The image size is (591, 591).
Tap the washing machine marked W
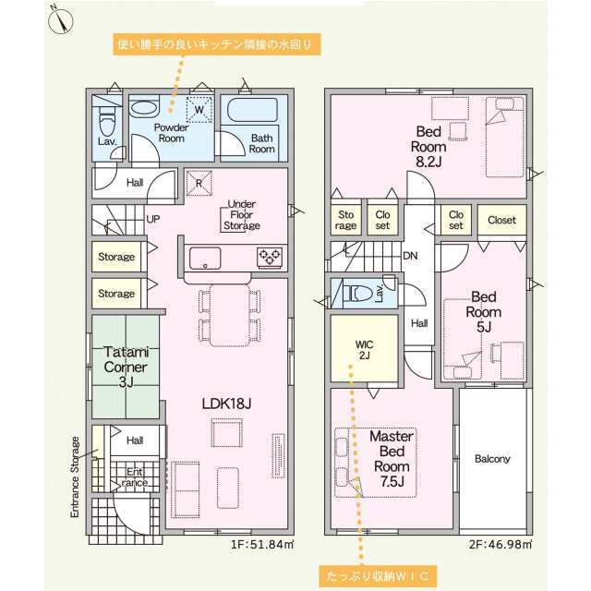click(199, 110)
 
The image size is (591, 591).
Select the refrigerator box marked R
click(199, 184)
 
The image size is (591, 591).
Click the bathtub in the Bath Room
click(252, 110)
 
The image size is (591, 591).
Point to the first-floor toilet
click(107, 120)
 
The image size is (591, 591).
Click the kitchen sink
click(205, 259)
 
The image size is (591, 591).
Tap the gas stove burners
click(270, 258)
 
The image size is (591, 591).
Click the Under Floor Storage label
click(242, 215)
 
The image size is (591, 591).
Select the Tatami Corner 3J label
click(126, 367)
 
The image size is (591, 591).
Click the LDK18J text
click(226, 404)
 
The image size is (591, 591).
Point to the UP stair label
click(152, 219)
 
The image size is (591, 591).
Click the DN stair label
click(410, 256)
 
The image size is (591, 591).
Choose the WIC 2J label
click(364, 350)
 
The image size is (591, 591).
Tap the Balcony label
click(492, 459)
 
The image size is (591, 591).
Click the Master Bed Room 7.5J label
click(392, 459)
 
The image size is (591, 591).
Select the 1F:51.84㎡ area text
click(262, 544)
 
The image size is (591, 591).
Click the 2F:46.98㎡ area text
click(501, 544)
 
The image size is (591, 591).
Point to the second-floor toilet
click(361, 294)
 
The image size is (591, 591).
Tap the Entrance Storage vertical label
click(75, 476)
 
